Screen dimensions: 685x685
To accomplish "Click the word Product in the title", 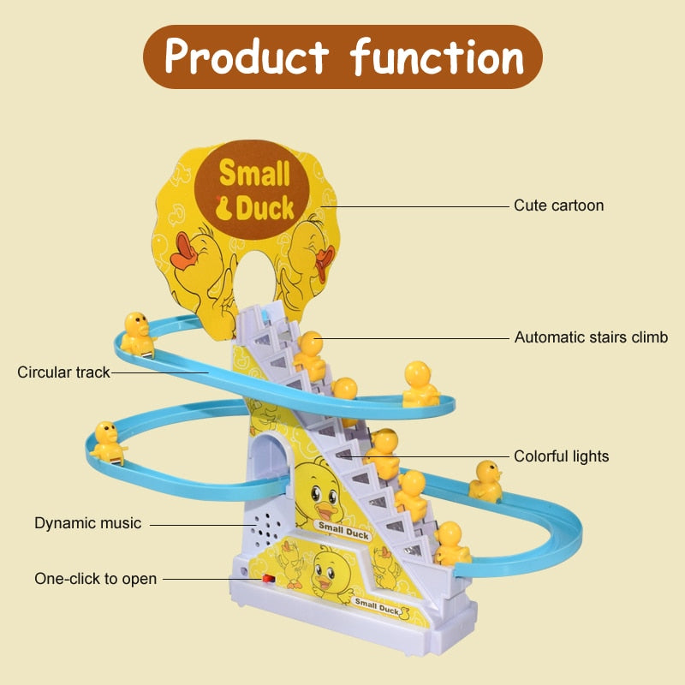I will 246,57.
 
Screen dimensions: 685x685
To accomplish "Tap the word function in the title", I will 437,57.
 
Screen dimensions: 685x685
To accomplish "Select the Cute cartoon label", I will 558,205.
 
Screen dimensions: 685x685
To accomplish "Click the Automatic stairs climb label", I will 591,337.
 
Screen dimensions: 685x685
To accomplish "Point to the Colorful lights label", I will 561,456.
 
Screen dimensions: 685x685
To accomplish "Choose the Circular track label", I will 64,372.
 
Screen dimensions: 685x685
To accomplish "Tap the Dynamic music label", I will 87,522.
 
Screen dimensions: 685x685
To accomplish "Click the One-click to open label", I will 96,579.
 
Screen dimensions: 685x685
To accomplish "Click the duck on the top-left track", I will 137,332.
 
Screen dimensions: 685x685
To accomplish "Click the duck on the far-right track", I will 485,480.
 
